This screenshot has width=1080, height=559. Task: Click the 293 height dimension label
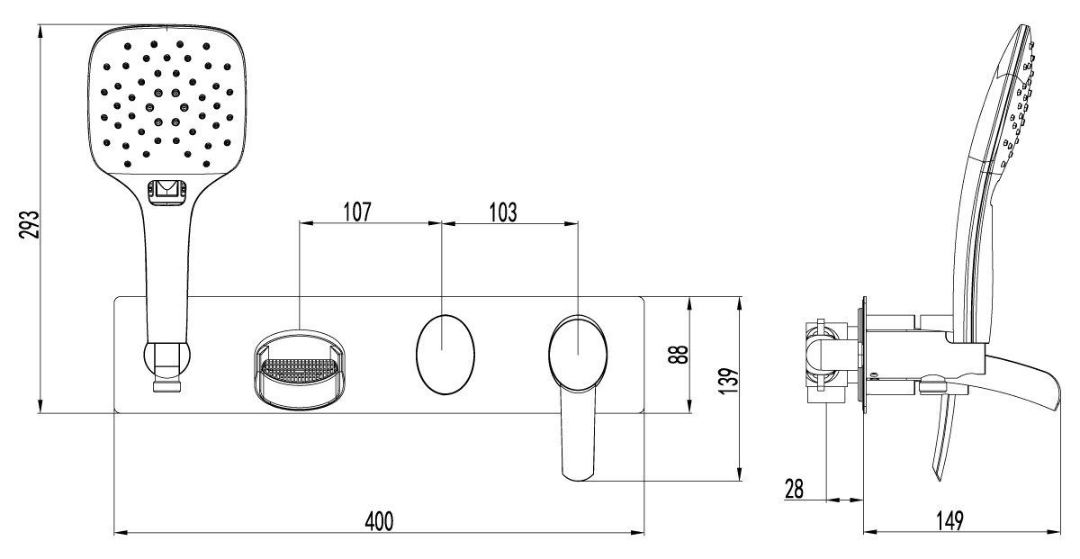click(x=30, y=224)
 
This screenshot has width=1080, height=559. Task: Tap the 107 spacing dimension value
click(x=357, y=212)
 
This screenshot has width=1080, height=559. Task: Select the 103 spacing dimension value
click(x=503, y=212)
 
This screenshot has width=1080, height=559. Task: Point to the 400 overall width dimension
click(x=379, y=521)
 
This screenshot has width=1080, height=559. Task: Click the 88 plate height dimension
click(x=679, y=355)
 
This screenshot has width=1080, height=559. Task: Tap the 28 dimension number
click(x=794, y=489)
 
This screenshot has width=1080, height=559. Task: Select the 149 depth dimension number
click(x=949, y=521)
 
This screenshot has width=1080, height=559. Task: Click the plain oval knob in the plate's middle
click(x=445, y=355)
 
